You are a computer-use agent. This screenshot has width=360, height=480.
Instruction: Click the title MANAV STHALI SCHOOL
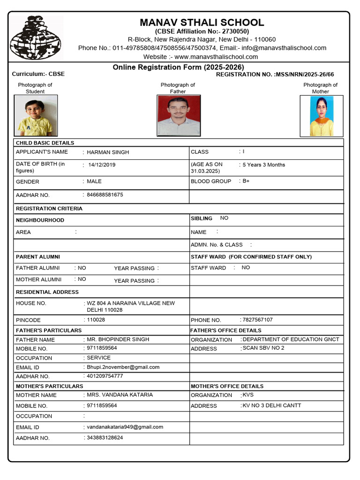click(x=202, y=22)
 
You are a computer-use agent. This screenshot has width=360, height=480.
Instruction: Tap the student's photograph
click(x=35, y=116)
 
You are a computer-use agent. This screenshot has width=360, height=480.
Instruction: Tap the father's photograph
click(x=178, y=116)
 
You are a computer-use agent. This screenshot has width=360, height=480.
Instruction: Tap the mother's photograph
click(x=321, y=116)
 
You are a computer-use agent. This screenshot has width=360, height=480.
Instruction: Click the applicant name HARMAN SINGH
click(x=108, y=152)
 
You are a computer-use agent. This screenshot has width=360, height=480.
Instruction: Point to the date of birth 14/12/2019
click(x=102, y=165)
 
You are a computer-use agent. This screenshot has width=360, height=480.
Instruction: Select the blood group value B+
click(x=246, y=181)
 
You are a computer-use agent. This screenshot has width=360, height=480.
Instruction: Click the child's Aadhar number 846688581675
click(x=105, y=195)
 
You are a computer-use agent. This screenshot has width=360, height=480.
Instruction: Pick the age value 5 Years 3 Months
click(x=263, y=165)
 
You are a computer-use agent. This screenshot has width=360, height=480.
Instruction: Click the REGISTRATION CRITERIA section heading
click(x=49, y=209)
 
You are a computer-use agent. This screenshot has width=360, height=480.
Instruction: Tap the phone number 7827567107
click(x=257, y=320)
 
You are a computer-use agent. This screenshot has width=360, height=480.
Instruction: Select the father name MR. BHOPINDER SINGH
click(x=118, y=339)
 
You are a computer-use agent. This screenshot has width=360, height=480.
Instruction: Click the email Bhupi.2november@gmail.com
click(x=123, y=367)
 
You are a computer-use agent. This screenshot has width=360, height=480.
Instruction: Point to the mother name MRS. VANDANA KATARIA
click(x=120, y=395)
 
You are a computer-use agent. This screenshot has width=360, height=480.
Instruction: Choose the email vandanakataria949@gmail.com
click(x=125, y=427)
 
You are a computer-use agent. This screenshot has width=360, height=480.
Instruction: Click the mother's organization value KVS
click(x=248, y=395)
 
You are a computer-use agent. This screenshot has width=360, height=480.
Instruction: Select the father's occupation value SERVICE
click(x=99, y=358)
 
